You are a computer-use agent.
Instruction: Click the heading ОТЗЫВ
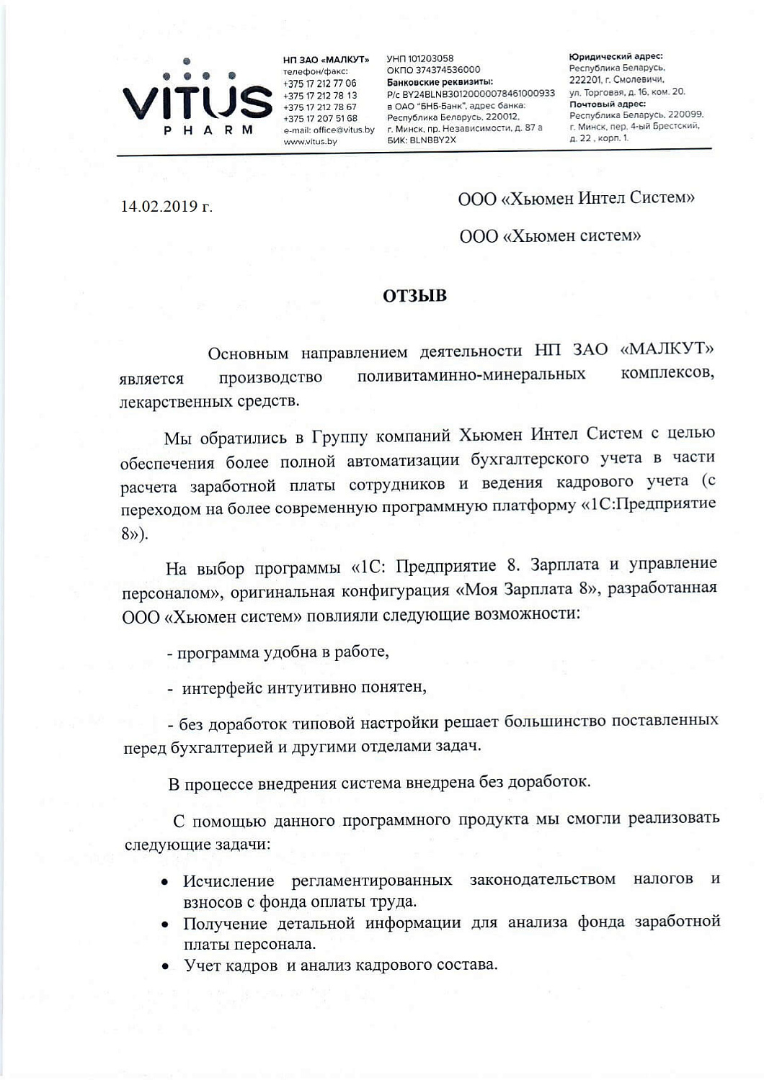pos(414,296)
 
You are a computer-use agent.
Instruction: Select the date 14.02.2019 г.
pos(166,207)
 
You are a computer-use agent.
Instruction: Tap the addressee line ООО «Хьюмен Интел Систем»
pos(576,198)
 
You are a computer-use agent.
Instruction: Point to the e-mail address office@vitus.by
pos(329,130)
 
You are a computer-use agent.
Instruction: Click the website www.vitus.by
pos(310,142)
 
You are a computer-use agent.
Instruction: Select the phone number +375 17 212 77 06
pos(319,84)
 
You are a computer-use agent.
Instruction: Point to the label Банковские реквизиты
pos(440,82)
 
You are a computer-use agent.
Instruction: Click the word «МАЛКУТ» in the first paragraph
pos(667,349)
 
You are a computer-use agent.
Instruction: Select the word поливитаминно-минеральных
pos(471,375)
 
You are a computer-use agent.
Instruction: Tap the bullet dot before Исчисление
pos(166,881)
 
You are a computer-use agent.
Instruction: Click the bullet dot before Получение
pos(166,924)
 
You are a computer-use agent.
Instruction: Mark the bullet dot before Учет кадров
pos(166,967)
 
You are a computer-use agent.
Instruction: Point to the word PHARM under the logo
pos(208,130)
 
